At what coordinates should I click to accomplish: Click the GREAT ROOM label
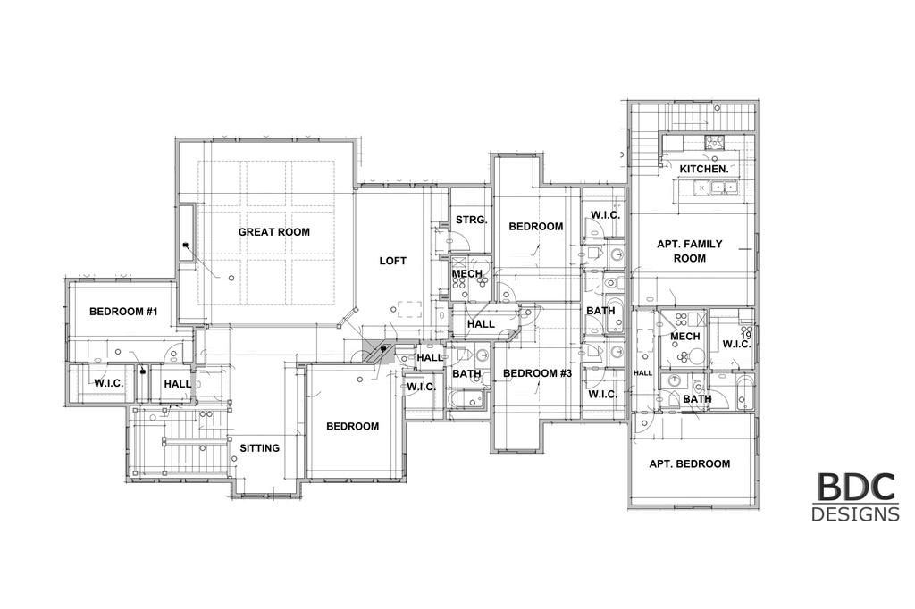(273, 232)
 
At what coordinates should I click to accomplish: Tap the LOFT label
(393, 261)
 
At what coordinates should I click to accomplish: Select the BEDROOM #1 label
(123, 312)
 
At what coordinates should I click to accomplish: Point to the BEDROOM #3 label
(537, 373)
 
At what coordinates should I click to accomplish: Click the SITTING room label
(260, 448)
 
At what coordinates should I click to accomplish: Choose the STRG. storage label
(471, 220)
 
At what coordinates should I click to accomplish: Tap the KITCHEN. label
(704, 169)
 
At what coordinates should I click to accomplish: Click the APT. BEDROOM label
(690, 463)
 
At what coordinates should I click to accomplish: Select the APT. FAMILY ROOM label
(690, 251)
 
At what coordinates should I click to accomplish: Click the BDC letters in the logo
(855, 487)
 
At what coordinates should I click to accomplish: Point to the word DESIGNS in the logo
(855, 514)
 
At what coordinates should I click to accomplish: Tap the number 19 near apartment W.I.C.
(746, 336)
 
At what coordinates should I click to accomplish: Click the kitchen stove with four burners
(713, 142)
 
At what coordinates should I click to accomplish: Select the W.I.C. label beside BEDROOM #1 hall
(108, 383)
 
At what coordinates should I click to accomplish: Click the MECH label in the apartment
(685, 337)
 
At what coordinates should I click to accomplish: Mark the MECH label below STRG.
(466, 273)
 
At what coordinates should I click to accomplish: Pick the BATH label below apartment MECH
(697, 399)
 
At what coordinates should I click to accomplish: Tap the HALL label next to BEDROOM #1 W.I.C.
(178, 384)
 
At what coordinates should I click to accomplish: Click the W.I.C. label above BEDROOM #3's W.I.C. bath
(605, 215)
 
